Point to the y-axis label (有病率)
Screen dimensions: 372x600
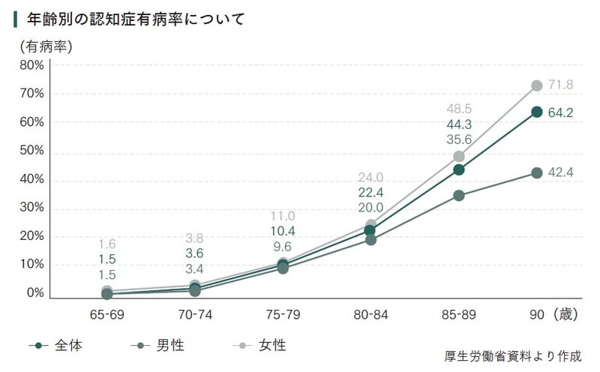(46, 46)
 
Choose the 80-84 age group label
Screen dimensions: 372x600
(370, 315)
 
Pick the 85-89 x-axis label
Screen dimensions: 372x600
(458, 315)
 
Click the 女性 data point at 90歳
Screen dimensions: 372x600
(537, 86)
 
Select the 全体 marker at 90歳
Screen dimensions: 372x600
(537, 112)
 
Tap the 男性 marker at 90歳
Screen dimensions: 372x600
(537, 172)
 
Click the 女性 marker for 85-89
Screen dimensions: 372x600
(459, 156)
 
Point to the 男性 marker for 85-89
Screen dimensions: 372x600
(459, 196)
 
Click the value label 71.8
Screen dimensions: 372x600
(560, 85)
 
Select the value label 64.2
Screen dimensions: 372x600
(560, 112)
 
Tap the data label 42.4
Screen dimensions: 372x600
(560, 172)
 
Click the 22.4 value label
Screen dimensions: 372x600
(370, 193)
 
